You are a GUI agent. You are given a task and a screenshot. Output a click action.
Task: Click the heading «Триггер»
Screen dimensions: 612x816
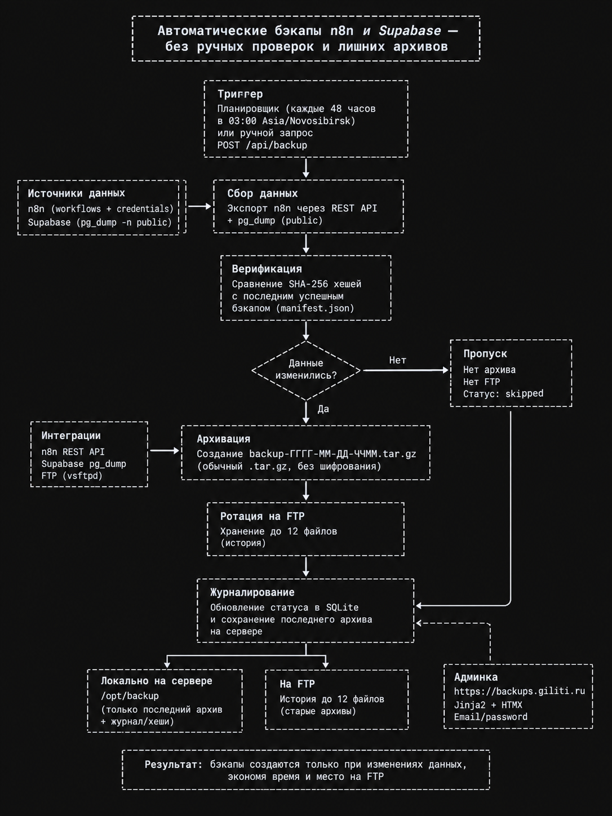(x=240, y=94)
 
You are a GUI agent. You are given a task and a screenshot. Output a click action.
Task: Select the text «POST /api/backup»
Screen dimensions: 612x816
(x=262, y=145)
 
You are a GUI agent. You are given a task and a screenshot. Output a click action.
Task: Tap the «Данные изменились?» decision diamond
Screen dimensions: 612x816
(x=306, y=370)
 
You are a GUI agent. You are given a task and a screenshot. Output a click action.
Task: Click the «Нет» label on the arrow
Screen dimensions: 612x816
(x=398, y=360)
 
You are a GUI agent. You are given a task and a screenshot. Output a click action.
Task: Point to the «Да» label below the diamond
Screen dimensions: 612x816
(x=323, y=409)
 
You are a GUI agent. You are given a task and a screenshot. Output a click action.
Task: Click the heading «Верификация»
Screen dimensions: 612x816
(x=267, y=269)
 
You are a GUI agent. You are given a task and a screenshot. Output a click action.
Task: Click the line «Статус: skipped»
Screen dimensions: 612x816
(x=503, y=393)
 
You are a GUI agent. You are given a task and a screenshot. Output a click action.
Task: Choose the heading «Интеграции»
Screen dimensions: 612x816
(x=71, y=436)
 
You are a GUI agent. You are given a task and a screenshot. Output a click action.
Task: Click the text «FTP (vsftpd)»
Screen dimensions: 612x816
(x=72, y=476)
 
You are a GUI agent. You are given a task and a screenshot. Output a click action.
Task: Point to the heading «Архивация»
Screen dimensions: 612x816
(x=223, y=439)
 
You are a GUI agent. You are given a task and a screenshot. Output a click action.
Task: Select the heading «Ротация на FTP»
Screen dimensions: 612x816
(x=263, y=516)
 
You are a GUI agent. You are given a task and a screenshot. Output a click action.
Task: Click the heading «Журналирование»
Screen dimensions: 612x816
(x=252, y=592)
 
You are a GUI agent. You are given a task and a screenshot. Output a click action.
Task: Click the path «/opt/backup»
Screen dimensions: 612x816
(x=130, y=695)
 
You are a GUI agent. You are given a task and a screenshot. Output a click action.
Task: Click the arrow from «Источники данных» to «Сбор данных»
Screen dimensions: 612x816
(x=199, y=206)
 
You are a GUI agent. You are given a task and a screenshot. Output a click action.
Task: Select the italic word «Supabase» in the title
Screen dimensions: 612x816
(x=410, y=31)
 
